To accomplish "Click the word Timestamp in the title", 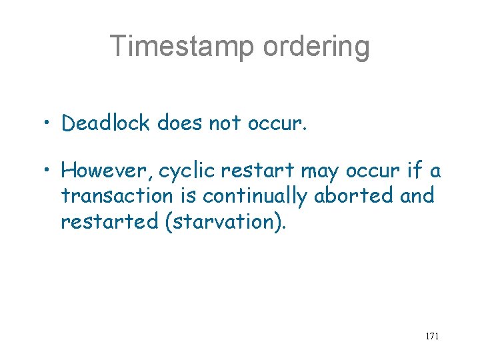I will point(181,47).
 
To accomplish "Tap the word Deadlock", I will point(105,123).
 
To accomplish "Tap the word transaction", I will point(126,196).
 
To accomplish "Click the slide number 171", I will point(431,336).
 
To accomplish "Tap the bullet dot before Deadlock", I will point(48,123).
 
